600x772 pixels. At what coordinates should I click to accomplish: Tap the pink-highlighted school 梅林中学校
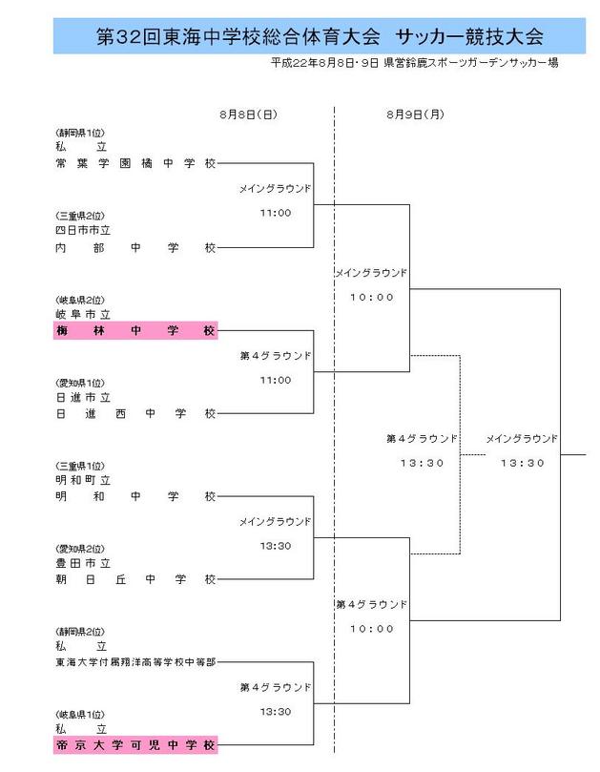point(134,331)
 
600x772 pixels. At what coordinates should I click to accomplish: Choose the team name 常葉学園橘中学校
point(134,165)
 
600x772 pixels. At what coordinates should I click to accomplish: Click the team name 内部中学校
point(134,248)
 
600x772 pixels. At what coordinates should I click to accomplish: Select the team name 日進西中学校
point(134,413)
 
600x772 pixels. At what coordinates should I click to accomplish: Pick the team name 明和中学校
point(134,496)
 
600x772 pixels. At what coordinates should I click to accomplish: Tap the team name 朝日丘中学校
point(134,578)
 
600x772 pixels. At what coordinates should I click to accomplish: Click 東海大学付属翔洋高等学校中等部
point(134,661)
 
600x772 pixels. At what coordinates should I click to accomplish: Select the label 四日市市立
point(84,230)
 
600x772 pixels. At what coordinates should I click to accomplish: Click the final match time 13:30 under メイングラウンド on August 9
point(522,463)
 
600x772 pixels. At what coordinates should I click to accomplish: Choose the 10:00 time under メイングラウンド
point(371,297)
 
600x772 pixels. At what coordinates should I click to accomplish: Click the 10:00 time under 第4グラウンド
point(371,629)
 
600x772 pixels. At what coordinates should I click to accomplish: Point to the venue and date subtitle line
point(414,62)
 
